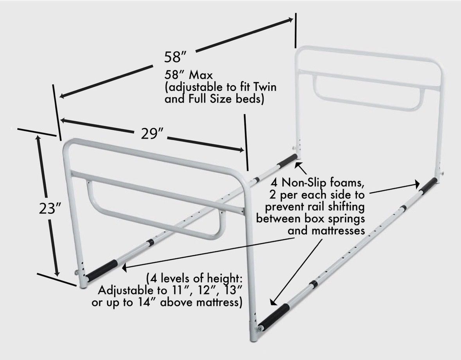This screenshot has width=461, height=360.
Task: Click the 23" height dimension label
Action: [50, 208]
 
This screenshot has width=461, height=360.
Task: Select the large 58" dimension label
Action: [176, 57]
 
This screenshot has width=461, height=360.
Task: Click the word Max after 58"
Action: [201, 75]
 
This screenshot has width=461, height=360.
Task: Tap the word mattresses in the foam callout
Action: [326, 230]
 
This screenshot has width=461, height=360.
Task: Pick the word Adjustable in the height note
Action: [126, 291]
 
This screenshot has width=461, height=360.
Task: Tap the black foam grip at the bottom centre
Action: [274, 317]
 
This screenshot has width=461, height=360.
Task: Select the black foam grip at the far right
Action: [428, 185]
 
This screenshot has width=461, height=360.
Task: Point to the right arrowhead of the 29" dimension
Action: [241, 150]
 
